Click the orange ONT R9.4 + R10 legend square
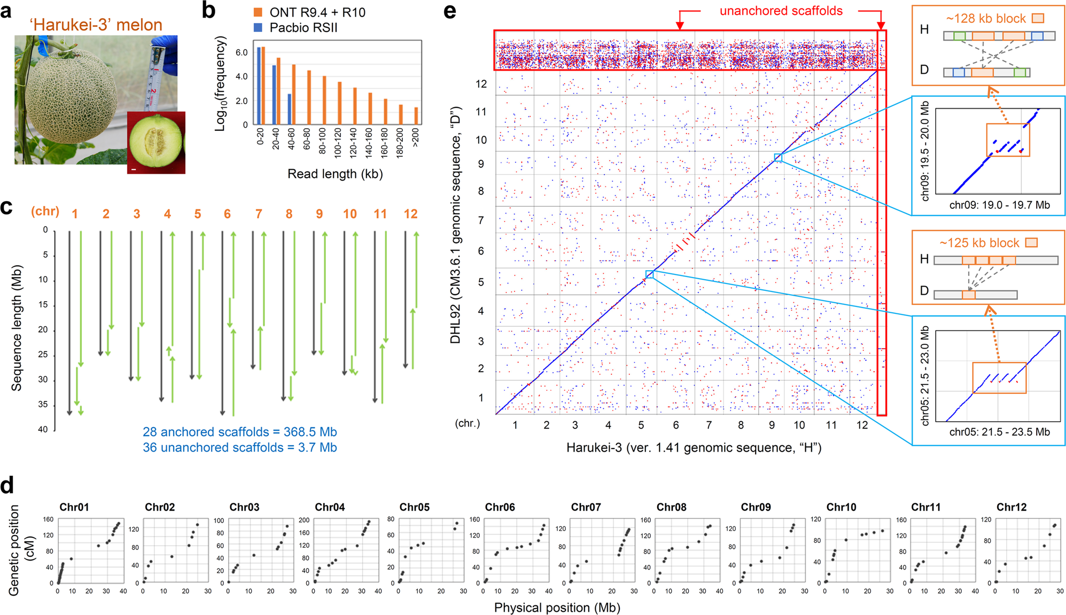[x=258, y=12]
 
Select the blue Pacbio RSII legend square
[x=258, y=27]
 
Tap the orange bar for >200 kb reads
[x=416, y=115]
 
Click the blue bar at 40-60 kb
[x=289, y=109]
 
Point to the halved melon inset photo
[x=156, y=142]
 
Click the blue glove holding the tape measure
[x=165, y=51]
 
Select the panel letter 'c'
[x=6, y=207]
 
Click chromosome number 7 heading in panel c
[x=259, y=214]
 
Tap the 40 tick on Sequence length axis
[x=43, y=429]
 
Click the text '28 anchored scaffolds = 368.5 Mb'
[x=239, y=432]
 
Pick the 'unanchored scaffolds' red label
[x=781, y=11]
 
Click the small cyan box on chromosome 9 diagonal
[x=778, y=157]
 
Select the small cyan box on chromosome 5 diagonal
[x=649, y=274]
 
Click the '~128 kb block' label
[x=986, y=19]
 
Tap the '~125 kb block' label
[x=979, y=243]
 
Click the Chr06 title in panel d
[x=500, y=507]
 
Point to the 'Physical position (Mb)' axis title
[x=557, y=608]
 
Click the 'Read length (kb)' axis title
[x=335, y=174]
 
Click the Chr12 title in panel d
[x=1011, y=507]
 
